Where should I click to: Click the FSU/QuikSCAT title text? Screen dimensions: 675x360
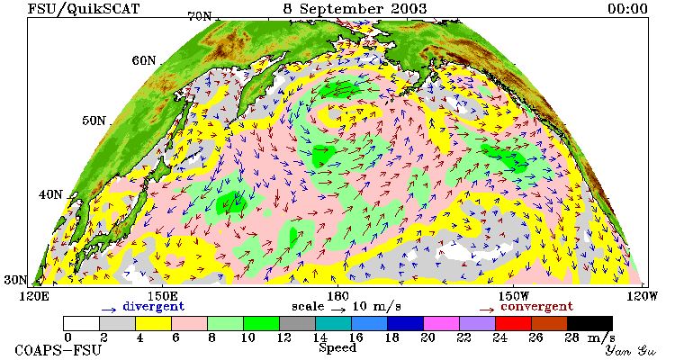pos(84,8)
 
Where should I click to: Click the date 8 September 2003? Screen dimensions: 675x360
pos(355,8)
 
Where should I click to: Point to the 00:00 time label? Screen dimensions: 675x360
pos(627,9)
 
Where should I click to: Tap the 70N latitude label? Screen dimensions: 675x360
pos(200,16)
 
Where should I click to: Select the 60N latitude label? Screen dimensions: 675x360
pos(144,60)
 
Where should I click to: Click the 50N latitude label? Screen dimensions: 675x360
pos(94,120)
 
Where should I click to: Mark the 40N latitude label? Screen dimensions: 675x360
pos(50,194)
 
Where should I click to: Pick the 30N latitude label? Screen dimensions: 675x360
pos(15,280)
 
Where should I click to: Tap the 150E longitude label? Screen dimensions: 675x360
pos(162,296)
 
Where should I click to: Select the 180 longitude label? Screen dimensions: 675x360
pos(337,296)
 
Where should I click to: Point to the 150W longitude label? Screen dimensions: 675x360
pos(512,296)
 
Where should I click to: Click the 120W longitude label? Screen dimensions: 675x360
pos(642,296)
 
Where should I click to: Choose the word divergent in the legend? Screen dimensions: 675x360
pos(154,306)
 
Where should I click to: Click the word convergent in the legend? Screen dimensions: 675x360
pos(536,306)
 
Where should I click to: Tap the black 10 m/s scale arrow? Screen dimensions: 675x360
pos(338,309)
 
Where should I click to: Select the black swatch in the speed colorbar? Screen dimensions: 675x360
pos(589,323)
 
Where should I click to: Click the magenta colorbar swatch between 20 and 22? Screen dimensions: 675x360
pos(441,323)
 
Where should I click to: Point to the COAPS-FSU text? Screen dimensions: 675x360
pos(58,350)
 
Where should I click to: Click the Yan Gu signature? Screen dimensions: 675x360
pos(630,350)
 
